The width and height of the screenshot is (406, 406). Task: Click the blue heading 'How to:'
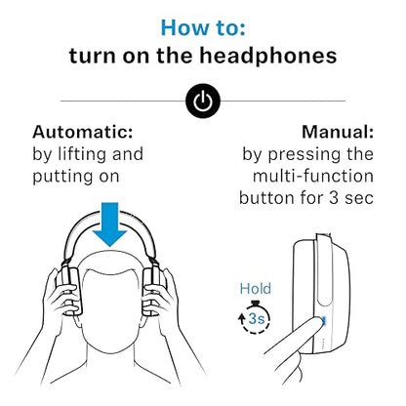pos(202,26)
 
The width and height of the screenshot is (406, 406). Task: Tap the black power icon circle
pos(202,101)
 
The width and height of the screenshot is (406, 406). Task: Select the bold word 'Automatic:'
pos(83,132)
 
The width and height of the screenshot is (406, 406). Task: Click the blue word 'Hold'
pos(256,289)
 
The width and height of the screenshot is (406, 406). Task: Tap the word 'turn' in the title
pos(93,56)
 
